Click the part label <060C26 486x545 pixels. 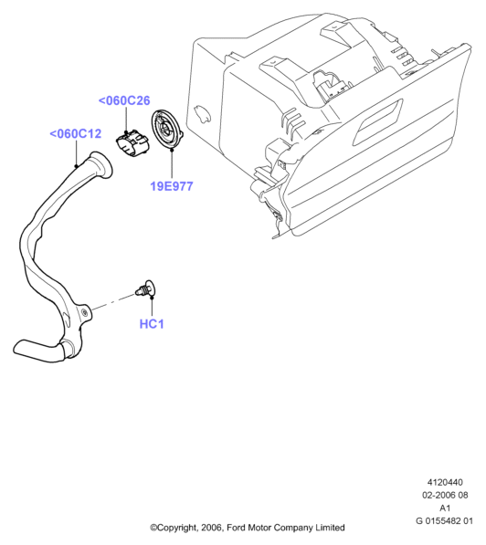pyautogui.click(x=124, y=100)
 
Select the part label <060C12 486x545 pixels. pyautogui.click(x=76, y=134)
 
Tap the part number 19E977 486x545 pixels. pyautogui.click(x=172, y=186)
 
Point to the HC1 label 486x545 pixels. pyautogui.click(x=152, y=324)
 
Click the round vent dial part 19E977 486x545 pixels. pyautogui.click(x=166, y=130)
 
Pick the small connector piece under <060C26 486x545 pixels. pyautogui.click(x=132, y=143)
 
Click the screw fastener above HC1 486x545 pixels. pyautogui.click(x=145, y=288)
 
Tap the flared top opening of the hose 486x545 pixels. pyautogui.click(x=101, y=166)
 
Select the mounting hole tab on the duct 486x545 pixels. pyautogui.click(x=85, y=312)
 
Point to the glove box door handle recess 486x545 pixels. pyautogui.click(x=378, y=121)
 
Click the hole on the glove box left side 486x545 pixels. pyautogui.click(x=202, y=113)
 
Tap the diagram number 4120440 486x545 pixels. pyautogui.click(x=445, y=482)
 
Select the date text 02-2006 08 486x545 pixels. pyautogui.click(x=445, y=495)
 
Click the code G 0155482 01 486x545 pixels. pyautogui.click(x=444, y=520)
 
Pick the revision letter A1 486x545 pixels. pyautogui.click(x=445, y=508)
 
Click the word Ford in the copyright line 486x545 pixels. pyautogui.click(x=235, y=528)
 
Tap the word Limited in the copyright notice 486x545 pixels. pyautogui.click(x=330, y=528)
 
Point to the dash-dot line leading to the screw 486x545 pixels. pyautogui.click(x=113, y=301)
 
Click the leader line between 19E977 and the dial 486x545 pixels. pyautogui.click(x=172, y=165)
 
